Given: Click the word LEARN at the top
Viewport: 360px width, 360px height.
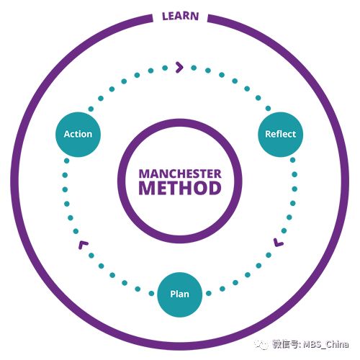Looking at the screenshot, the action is (181, 16).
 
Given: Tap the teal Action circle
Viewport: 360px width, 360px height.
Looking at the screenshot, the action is (78, 135).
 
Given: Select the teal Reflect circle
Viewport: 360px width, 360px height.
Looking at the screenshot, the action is (280, 135).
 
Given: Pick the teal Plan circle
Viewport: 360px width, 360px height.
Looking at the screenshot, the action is (179, 294).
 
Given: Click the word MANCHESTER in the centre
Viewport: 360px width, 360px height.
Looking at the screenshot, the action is (180, 174).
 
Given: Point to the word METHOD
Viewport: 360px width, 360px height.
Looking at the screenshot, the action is (180, 188).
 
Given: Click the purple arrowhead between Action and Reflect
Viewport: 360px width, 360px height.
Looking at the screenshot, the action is (179, 67).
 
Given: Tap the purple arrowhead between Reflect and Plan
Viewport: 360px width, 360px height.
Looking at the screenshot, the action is (279, 243).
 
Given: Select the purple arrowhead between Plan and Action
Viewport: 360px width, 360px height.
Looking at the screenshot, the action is (83, 245).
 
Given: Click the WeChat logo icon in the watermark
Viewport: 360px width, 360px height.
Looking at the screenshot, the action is (261, 345).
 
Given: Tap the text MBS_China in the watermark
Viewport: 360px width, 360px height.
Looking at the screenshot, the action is (325, 344).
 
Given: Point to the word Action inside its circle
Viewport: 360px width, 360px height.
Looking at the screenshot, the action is (78, 134).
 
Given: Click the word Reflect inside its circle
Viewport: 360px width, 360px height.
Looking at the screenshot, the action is (280, 134).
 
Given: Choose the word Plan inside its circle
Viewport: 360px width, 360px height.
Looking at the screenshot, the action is (179, 294).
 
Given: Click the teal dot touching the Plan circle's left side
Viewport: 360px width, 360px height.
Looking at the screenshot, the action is (151, 293).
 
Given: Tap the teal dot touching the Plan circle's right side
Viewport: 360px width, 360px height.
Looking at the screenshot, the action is (209, 293).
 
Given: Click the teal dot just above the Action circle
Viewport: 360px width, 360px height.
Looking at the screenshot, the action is (91, 109).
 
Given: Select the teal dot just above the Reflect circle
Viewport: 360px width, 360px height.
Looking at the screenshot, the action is (268, 109).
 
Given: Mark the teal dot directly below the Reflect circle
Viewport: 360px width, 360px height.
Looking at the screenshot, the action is (292, 160).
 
